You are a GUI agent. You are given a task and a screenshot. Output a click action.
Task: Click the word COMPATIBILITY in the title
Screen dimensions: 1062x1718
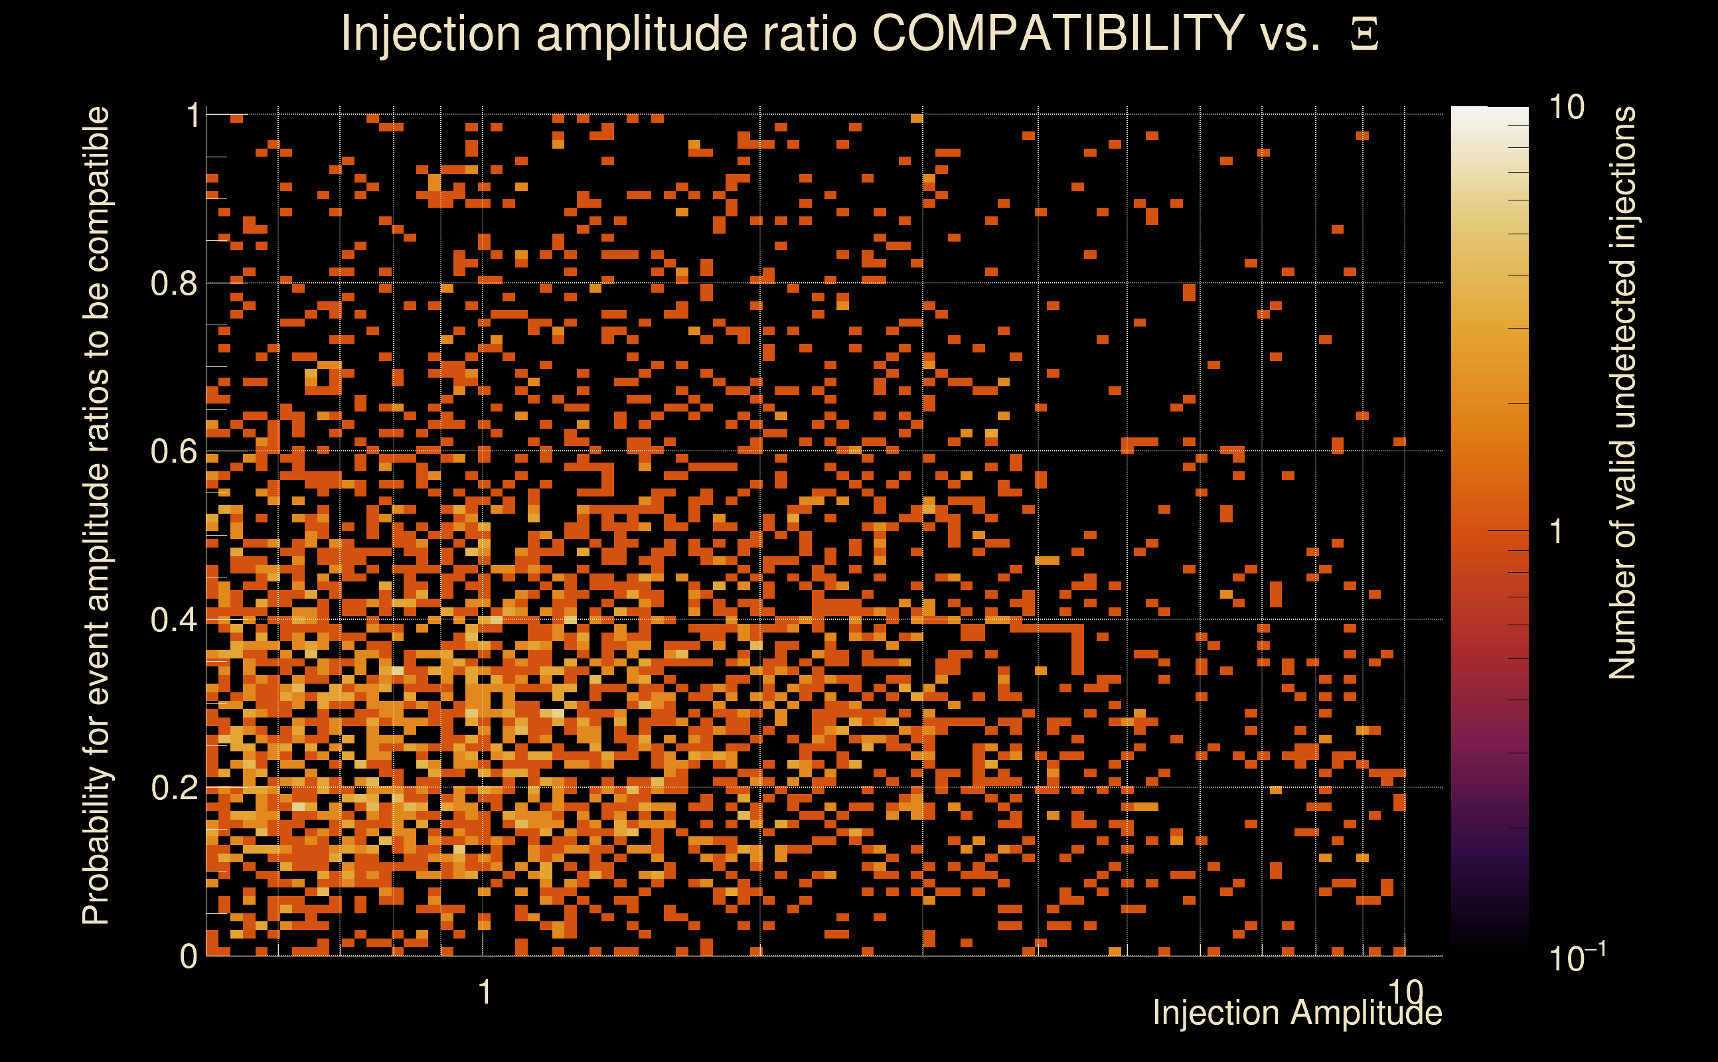(1057, 33)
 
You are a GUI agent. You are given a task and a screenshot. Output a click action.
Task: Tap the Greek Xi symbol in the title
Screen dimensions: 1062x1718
(1364, 35)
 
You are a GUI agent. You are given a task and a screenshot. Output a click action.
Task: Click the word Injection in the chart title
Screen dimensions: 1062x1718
(430, 35)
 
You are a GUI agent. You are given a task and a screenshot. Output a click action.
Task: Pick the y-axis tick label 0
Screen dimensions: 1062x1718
(189, 956)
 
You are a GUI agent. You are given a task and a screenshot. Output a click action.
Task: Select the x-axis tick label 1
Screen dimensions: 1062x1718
(484, 992)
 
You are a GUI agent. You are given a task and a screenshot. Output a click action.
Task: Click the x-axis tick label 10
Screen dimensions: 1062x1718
(1405, 992)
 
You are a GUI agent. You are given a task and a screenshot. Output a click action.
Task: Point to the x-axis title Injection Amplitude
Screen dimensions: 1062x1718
(1297, 1013)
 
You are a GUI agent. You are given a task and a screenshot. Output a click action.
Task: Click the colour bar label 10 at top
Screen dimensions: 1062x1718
(1566, 108)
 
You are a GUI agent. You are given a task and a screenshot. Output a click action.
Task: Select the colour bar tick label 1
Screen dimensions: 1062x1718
(1557, 532)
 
